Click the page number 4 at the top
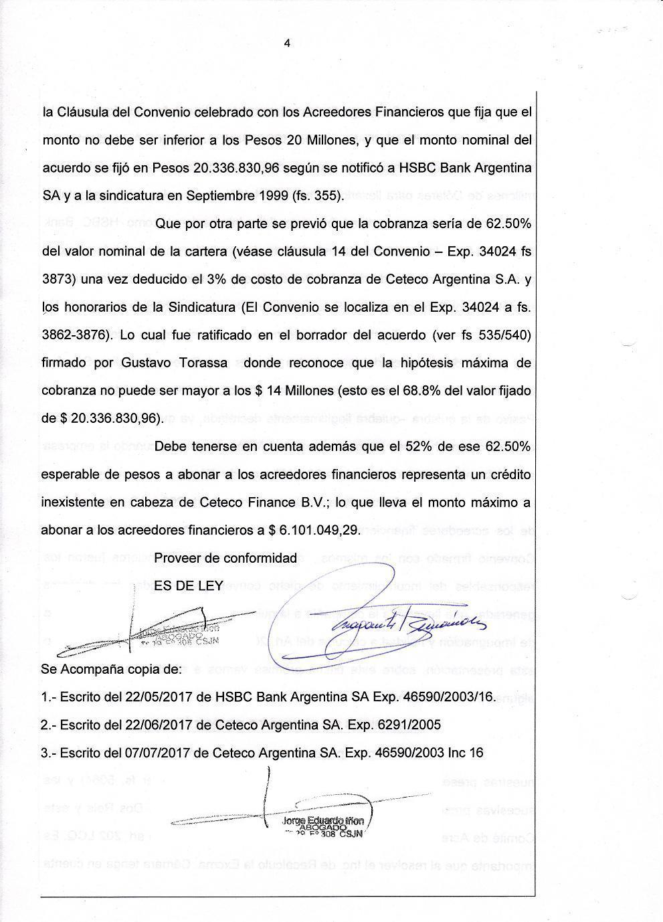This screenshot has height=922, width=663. (287, 44)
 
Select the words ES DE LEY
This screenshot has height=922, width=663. (188, 585)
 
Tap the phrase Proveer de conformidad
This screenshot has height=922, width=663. (225, 558)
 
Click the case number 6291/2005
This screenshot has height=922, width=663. (399, 725)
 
